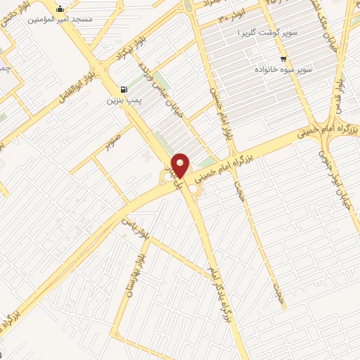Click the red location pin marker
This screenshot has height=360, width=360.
click(181, 165)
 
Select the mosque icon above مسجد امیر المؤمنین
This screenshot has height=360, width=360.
click(60, 8)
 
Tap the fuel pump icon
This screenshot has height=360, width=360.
click(124, 89)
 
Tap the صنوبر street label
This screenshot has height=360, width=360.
click(113, 143)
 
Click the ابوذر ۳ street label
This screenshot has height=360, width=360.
click(231, 15)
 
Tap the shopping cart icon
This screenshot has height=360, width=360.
click(283, 59)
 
